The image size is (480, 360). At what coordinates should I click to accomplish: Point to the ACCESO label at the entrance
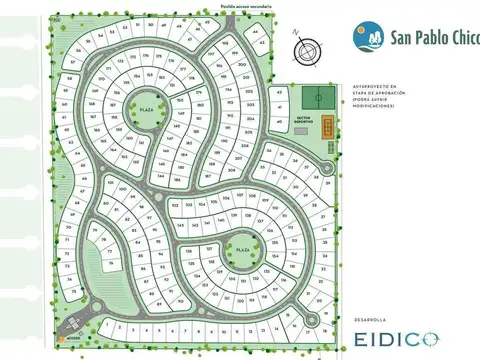click(73, 337)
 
